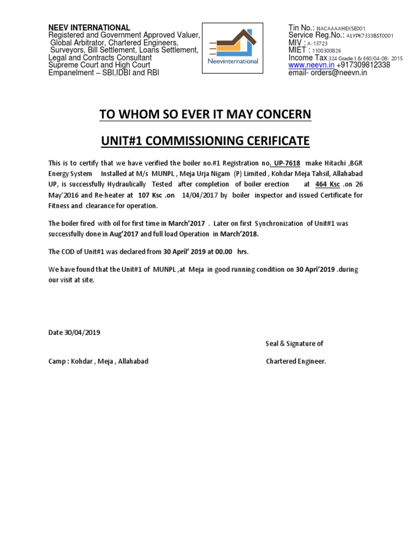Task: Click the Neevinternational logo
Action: [x=233, y=47]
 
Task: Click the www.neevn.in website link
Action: [x=311, y=65]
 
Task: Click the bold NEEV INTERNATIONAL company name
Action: [x=89, y=27]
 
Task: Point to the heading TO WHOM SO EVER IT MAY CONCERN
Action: [x=205, y=115]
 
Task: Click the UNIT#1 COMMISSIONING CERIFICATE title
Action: [x=205, y=141]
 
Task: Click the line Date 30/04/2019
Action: [x=74, y=332]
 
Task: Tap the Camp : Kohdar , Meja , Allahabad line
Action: [x=98, y=361]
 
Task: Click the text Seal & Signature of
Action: [x=294, y=344]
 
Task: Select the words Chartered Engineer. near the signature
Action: [x=296, y=361]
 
